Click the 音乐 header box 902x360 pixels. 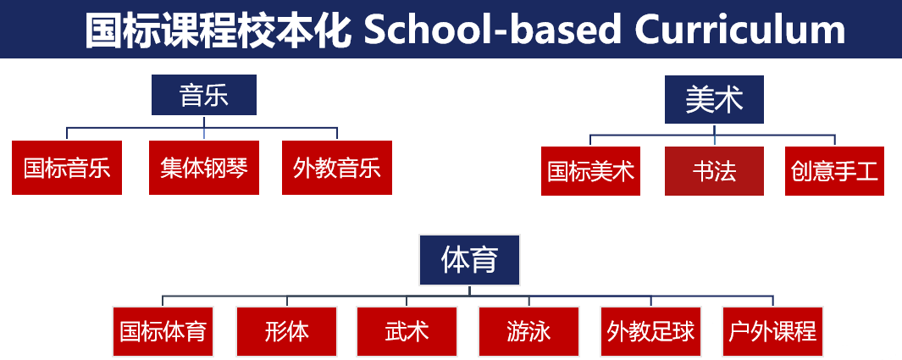point(204,95)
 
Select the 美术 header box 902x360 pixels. point(715,99)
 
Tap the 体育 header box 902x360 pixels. point(469,260)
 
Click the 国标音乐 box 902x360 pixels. point(67,168)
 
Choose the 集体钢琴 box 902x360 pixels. point(204,168)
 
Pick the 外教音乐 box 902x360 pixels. point(337,168)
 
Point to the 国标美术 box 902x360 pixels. point(591,171)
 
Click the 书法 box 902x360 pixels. point(715,171)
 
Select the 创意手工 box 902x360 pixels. point(835,171)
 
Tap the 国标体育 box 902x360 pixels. point(163,332)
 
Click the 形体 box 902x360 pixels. point(286,332)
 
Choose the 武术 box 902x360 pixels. point(407,332)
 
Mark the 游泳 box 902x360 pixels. point(528,332)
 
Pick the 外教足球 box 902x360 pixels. point(650,332)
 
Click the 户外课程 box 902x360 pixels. point(772,332)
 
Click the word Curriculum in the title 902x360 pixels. point(740,30)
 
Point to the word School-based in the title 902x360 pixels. point(492,30)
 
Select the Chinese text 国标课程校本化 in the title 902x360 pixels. point(218,30)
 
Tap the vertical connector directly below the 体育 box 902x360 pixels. point(469,291)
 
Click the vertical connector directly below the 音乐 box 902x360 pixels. point(204,121)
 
